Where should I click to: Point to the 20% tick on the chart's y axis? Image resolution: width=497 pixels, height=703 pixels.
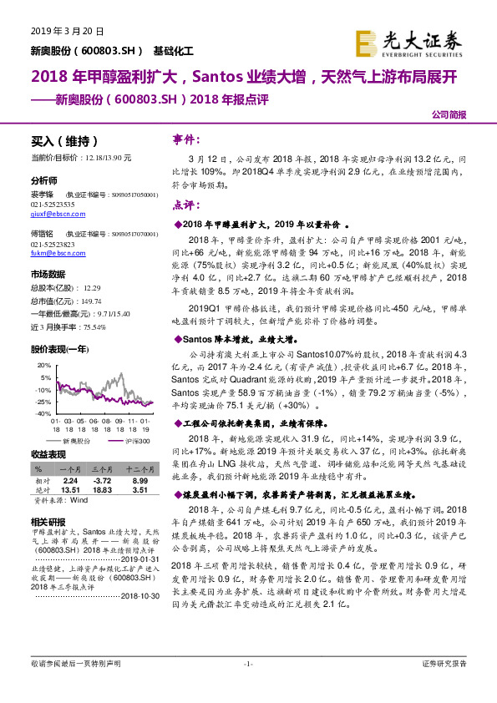(43, 367)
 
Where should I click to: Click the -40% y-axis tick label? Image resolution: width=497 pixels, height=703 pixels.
(43, 402)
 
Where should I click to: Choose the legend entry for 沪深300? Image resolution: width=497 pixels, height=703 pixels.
(133, 438)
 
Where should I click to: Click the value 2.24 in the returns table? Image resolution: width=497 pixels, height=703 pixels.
(71, 481)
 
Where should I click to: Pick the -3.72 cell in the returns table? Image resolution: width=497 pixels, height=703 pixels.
(103, 481)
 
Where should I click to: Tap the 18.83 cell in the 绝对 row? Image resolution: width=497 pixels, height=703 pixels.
(103, 491)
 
